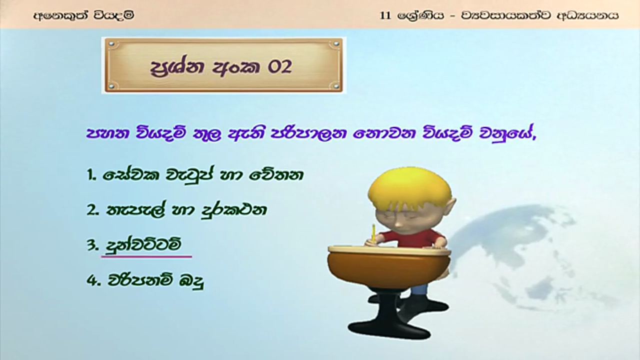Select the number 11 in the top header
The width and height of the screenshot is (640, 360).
coord(385,15)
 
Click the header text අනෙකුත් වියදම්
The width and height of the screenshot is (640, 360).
coord(83,15)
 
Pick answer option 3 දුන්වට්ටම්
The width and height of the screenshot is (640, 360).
coord(133,245)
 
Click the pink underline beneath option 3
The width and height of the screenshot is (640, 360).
coord(146,257)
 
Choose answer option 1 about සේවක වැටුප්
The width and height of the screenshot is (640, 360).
coord(194,175)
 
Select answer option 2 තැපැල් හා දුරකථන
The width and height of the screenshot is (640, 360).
coord(176,210)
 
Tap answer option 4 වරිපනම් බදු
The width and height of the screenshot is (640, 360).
coord(145,281)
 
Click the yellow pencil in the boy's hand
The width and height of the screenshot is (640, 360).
coord(373,233)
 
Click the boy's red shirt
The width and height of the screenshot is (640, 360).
coord(411,239)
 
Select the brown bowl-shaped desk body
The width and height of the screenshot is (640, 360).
coord(389,269)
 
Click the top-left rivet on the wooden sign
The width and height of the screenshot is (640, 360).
coord(111,44)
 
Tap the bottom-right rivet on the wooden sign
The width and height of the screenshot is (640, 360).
coord(336,85)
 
